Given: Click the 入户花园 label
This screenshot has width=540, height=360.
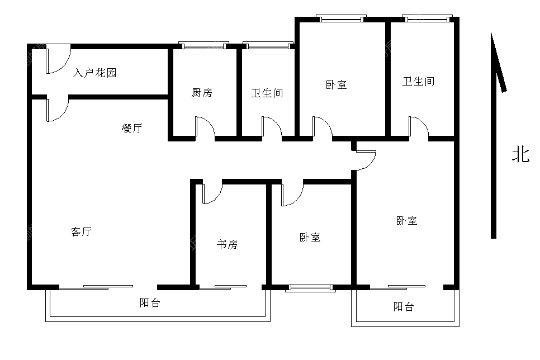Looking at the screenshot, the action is [94, 73].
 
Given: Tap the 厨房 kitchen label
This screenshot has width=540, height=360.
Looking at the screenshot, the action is [202, 92].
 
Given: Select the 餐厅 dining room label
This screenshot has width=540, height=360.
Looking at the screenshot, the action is [132, 128].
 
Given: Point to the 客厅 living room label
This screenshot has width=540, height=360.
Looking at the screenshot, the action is [81, 231].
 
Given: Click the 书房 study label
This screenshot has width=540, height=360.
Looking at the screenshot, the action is [227, 245].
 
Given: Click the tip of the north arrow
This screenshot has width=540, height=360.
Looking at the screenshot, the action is [491, 33].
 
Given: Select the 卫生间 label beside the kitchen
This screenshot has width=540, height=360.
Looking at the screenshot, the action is [267, 93].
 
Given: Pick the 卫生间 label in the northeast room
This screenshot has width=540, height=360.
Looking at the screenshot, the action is [419, 81].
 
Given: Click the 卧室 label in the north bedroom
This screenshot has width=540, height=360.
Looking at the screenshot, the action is [336, 85].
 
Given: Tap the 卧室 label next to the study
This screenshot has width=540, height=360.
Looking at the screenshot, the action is [310, 238].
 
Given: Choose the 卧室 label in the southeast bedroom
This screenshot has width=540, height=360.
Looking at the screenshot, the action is [407, 220].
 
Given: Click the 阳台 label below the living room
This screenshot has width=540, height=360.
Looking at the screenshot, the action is [150, 303].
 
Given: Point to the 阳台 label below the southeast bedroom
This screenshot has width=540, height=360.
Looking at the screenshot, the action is [404, 306].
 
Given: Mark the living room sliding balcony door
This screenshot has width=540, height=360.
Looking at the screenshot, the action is [96, 287].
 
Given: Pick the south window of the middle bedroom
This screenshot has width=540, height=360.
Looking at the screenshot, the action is [311, 288].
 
